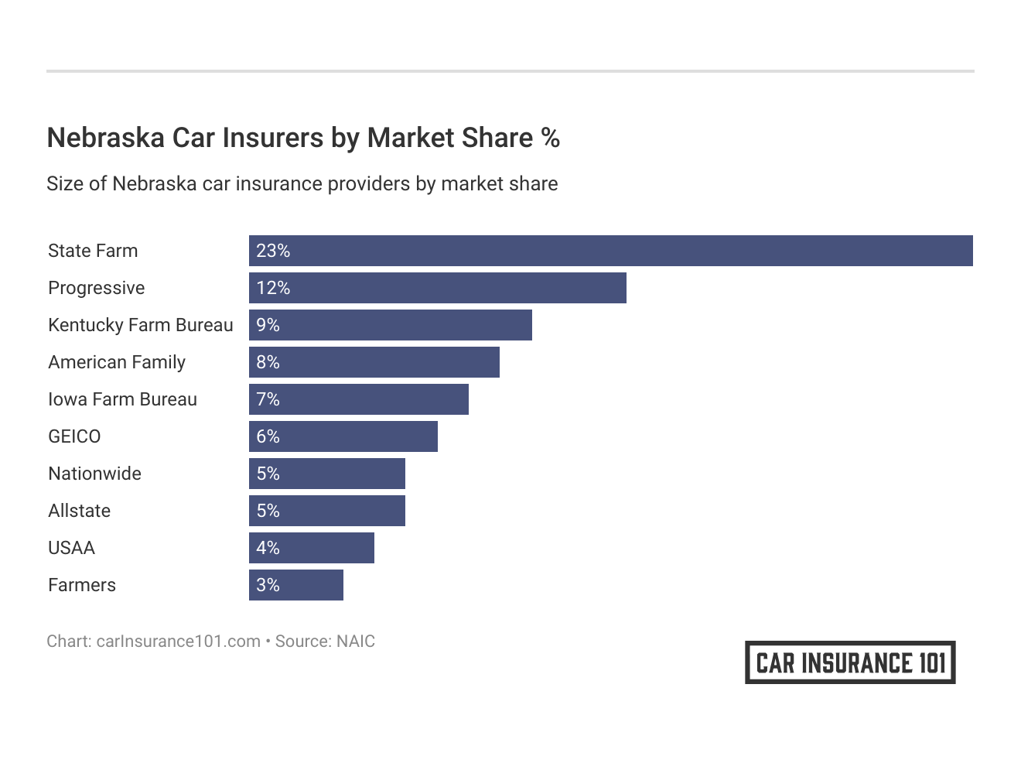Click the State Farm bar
[610, 251]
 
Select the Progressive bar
[437, 288]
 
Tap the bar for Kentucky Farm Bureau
[390, 325]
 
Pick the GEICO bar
[343, 436]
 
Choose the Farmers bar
[295, 585]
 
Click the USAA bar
[311, 548]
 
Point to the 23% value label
[273, 251]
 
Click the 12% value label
[273, 288]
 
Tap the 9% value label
[268, 325]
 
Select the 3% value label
[268, 585]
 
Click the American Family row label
[117, 362]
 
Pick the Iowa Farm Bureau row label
[122, 399]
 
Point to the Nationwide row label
[94, 474]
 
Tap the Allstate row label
[79, 511]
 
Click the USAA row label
[71, 548]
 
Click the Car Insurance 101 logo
[850, 662]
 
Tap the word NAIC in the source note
[355, 642]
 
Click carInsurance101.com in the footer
[178, 642]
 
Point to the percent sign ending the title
[550, 138]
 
